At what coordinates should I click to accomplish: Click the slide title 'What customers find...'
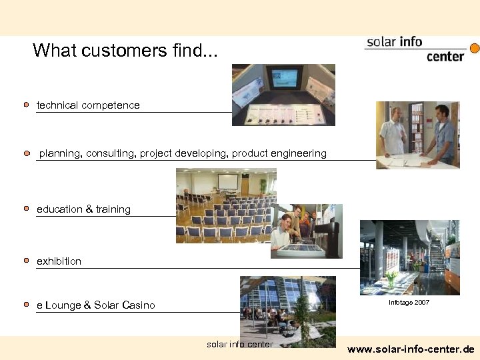[125, 50]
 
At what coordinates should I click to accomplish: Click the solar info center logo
[415, 49]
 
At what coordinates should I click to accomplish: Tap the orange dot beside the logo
[475, 49]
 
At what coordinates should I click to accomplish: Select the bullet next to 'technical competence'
[26, 105]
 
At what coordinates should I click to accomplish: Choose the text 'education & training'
[83, 209]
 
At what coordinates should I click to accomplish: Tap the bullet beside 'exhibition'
[26, 261]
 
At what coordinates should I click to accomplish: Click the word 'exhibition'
[59, 261]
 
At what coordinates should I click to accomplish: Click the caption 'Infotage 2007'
[409, 303]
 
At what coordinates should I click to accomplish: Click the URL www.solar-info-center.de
[411, 349]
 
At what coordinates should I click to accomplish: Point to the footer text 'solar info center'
[240, 345]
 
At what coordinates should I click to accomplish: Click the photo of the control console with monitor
[283, 95]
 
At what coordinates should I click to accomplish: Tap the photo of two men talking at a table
[417, 135]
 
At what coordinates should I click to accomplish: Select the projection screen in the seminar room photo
[227, 182]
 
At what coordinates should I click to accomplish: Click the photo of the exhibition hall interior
[409, 257]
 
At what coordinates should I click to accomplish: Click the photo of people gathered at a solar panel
[306, 231]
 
